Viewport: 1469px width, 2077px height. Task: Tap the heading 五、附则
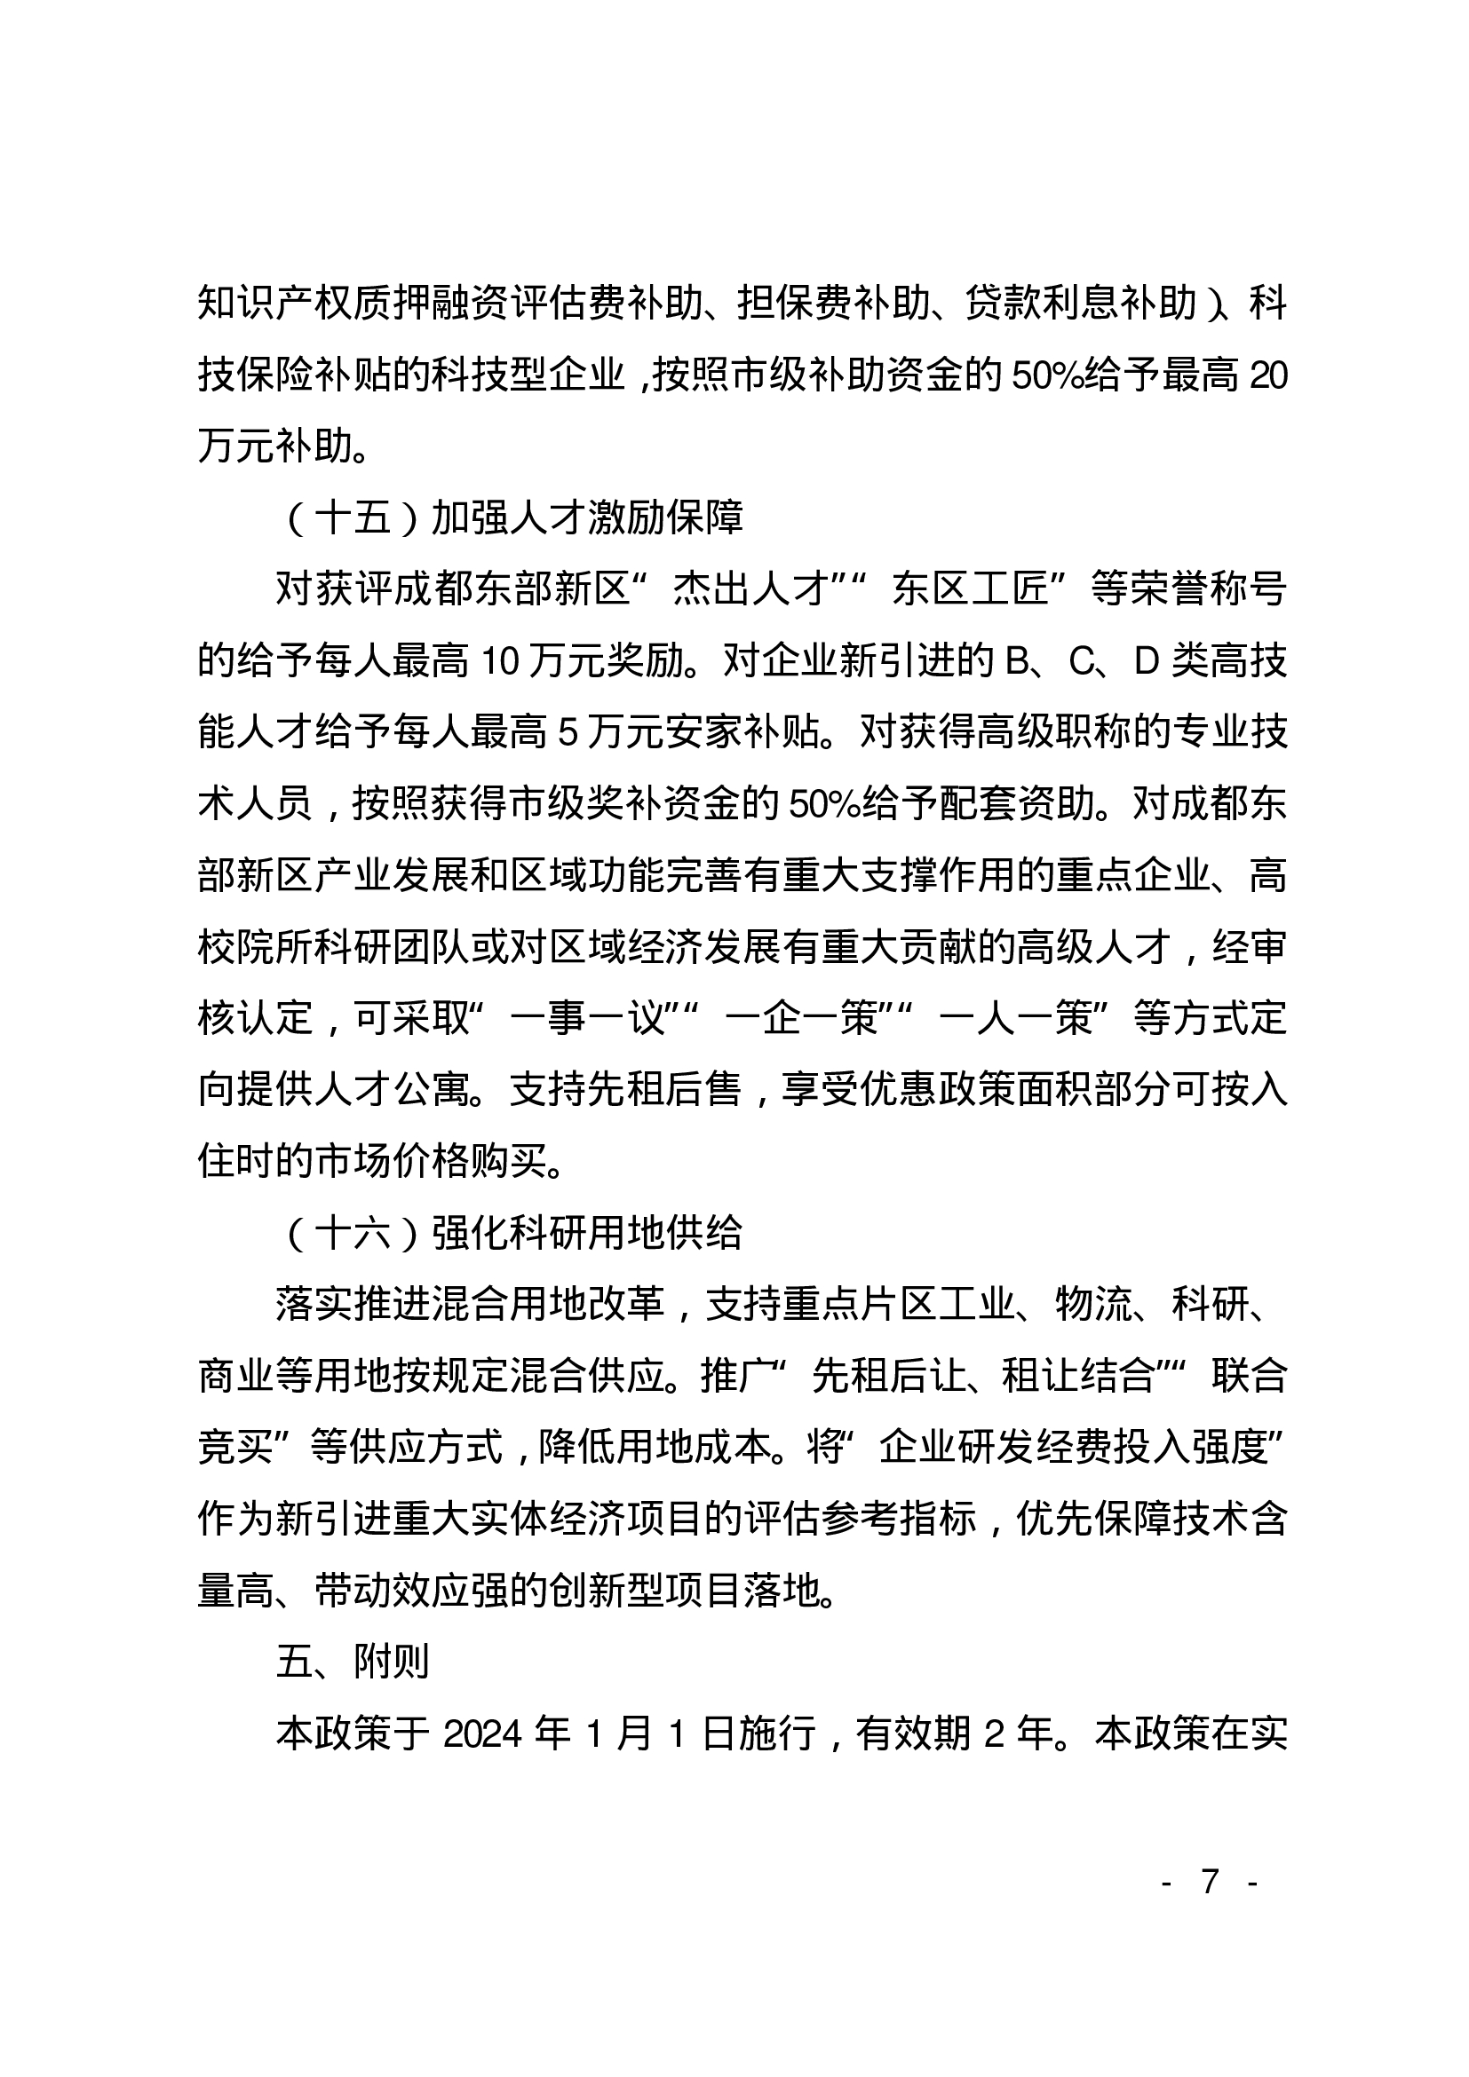point(353,1662)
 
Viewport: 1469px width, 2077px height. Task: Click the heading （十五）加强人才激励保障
point(512,517)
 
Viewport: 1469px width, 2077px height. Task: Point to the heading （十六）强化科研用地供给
point(512,1232)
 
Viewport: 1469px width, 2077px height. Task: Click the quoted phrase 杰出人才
point(750,589)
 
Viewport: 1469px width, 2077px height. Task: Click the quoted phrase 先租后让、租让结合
point(982,1376)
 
